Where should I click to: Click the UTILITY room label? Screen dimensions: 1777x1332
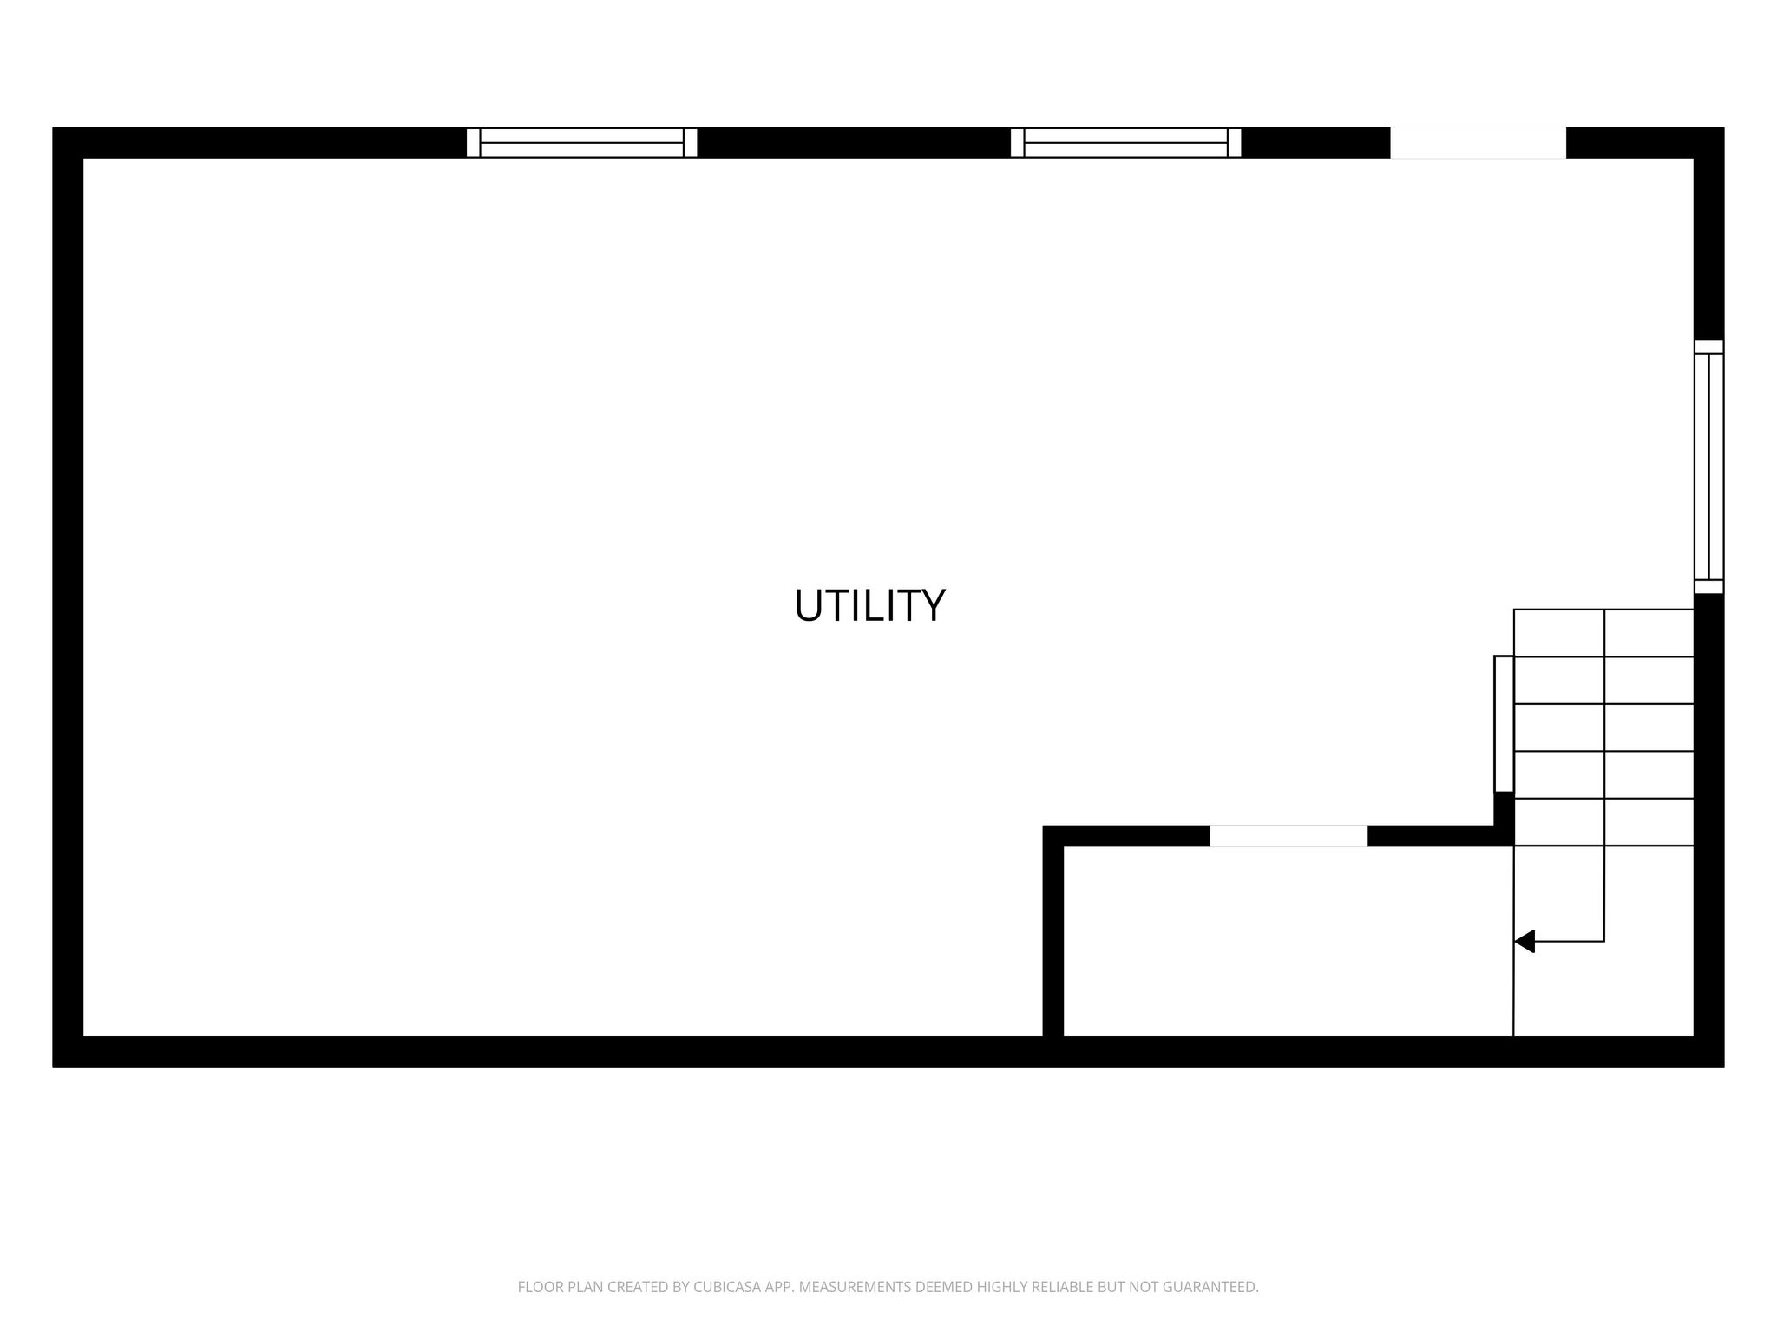pyautogui.click(x=869, y=605)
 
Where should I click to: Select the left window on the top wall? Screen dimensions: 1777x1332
pyautogui.click(x=581, y=143)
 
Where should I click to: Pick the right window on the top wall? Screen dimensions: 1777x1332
pyautogui.click(x=1125, y=143)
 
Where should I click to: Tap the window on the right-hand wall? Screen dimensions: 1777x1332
pyautogui.click(x=1708, y=467)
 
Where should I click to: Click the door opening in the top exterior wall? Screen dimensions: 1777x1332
pyautogui.click(x=1478, y=143)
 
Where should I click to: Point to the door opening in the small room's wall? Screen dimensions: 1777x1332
pyautogui.click(x=1288, y=836)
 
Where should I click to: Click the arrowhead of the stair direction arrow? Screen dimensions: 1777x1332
pyautogui.click(x=1525, y=941)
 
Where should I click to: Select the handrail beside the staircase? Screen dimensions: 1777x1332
pyautogui.click(x=1504, y=724)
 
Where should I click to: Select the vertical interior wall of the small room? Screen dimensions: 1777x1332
pyautogui.click(x=1052, y=931)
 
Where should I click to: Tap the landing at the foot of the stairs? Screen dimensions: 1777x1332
pyautogui.click(x=1603, y=941)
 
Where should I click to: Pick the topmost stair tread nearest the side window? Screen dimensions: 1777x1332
pyautogui.click(x=1603, y=633)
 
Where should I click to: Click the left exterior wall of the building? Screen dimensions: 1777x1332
pyautogui.click(x=68, y=597)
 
